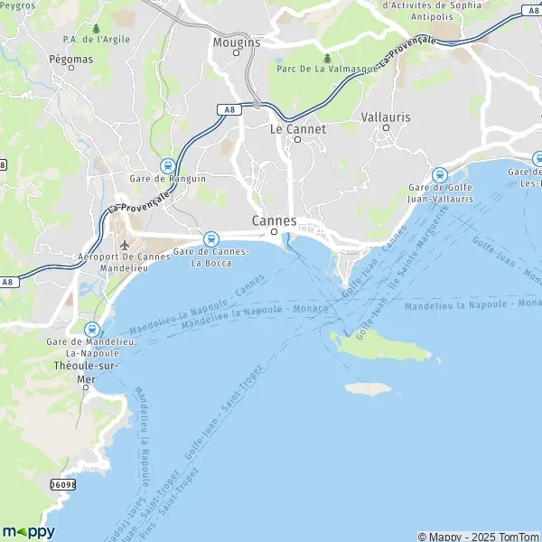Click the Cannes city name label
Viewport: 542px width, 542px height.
pyautogui.click(x=274, y=220)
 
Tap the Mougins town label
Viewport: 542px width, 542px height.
pyautogui.click(x=236, y=42)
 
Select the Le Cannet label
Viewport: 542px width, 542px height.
pyautogui.click(x=298, y=129)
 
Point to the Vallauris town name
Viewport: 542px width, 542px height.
pyautogui.click(x=386, y=117)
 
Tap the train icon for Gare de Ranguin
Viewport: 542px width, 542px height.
pyautogui.click(x=167, y=165)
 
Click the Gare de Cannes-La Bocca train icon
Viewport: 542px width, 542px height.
pyautogui.click(x=210, y=238)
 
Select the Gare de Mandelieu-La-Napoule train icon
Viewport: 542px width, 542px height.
pyautogui.click(x=90, y=331)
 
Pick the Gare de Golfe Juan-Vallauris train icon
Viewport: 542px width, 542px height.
pyautogui.click(x=440, y=174)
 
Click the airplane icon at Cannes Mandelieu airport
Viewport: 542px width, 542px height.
pyautogui.click(x=124, y=245)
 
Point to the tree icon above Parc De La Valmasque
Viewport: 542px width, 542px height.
pyautogui.click(x=327, y=58)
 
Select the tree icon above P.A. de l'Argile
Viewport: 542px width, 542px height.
pyautogui.click(x=96, y=28)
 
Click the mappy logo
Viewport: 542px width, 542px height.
pyautogui.click(x=29, y=531)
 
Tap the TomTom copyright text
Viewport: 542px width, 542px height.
pyautogui.click(x=519, y=536)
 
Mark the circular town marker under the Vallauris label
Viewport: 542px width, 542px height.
pyautogui.click(x=386, y=128)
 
